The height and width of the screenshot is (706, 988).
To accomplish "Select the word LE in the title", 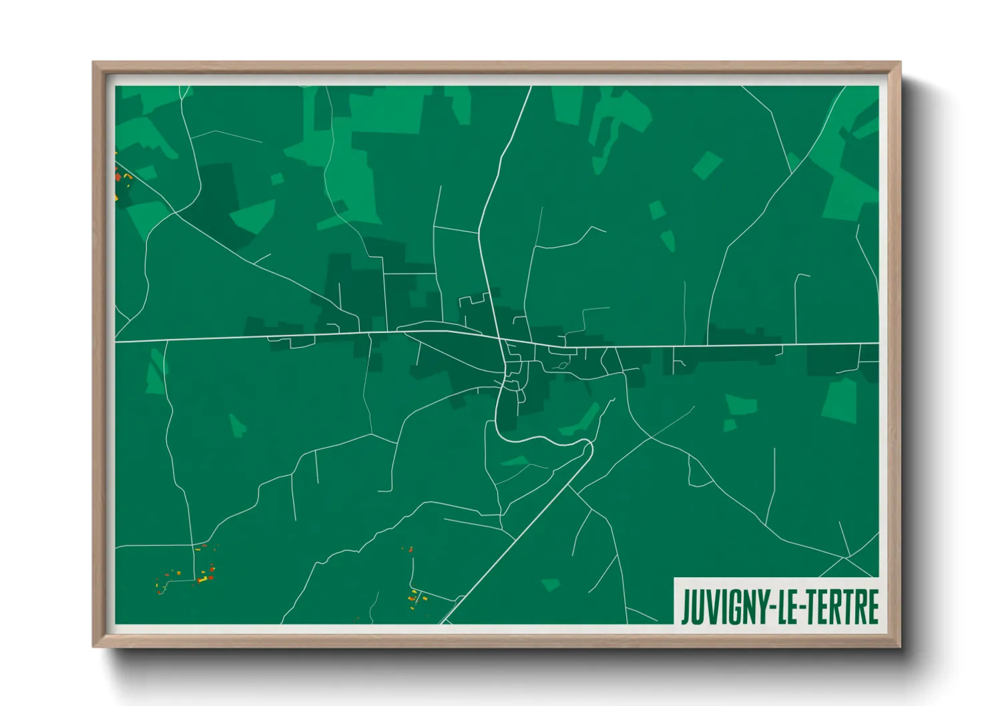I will pos(785,607).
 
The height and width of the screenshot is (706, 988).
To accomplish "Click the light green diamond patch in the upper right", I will pos(707,165).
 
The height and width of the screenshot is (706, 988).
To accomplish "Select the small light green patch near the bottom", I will pos(550,585).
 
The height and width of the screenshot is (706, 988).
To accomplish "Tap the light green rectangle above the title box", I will pos(840,400).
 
